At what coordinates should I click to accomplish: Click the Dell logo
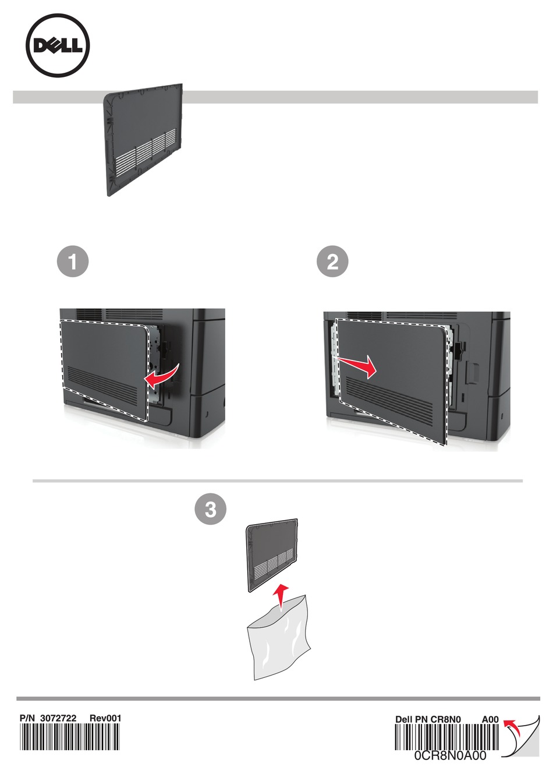pyautogui.click(x=58, y=46)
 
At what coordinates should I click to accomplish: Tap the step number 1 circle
pyautogui.click(x=73, y=261)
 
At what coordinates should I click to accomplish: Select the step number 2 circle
pyautogui.click(x=332, y=261)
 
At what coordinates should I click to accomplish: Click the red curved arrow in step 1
pyautogui.click(x=161, y=377)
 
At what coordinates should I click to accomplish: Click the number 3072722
pyautogui.click(x=58, y=718)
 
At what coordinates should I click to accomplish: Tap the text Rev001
pyautogui.click(x=105, y=718)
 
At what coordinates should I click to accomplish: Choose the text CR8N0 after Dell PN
pyautogui.click(x=446, y=719)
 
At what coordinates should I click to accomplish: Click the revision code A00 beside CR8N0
pyautogui.click(x=490, y=719)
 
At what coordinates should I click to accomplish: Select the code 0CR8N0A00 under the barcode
pyautogui.click(x=450, y=756)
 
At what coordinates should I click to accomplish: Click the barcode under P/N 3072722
pyautogui.click(x=69, y=737)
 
